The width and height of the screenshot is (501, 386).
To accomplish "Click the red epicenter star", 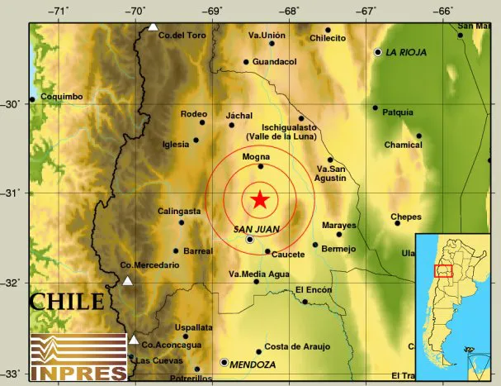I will [x=260, y=199].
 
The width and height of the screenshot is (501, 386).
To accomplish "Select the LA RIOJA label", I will [x=405, y=52].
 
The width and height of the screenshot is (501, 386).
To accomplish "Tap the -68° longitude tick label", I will [x=289, y=11].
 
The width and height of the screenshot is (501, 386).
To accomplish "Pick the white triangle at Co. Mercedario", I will [x=128, y=281].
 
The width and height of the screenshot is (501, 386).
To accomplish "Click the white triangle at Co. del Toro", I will [x=153, y=26].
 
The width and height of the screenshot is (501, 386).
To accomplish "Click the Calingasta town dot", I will [x=182, y=222].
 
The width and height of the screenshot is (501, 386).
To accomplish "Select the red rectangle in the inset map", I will [x=444, y=270].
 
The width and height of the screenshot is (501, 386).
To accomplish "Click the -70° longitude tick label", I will [x=135, y=11].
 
